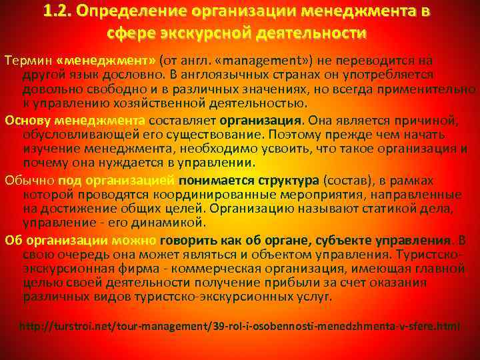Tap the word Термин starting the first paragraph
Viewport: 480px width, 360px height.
25,61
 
